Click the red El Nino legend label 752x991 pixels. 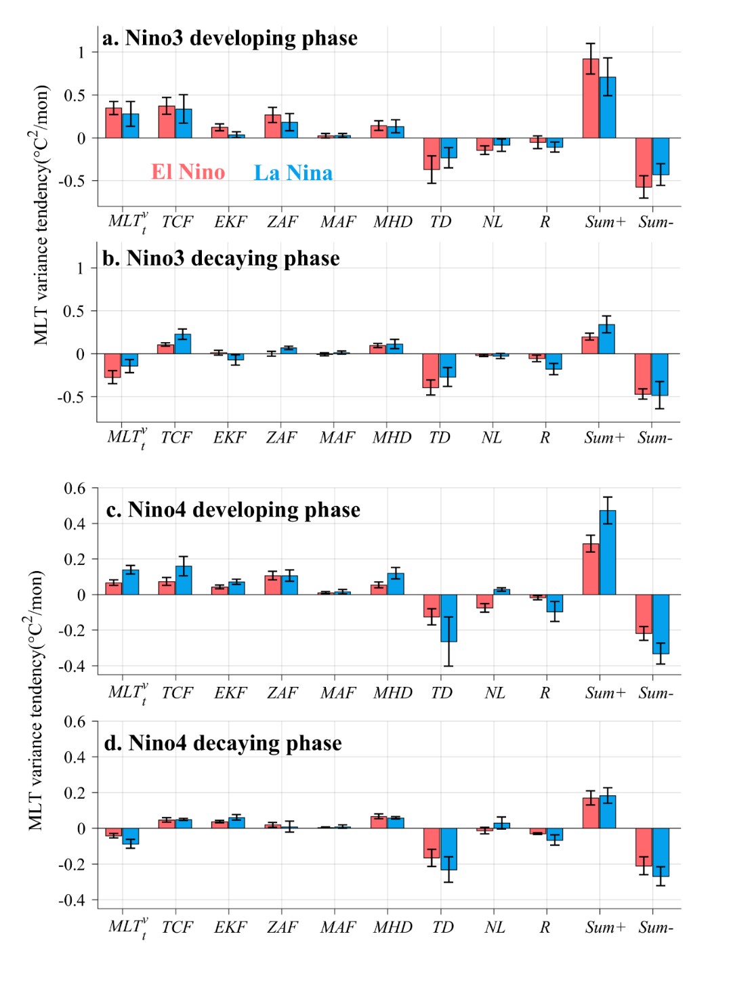point(188,172)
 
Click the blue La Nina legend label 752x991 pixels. point(293,173)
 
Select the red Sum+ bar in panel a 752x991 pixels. point(591,99)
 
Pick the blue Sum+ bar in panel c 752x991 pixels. point(608,553)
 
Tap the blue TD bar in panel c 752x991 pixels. point(448,618)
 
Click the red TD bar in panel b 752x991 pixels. point(431,371)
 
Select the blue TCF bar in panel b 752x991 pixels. point(183,344)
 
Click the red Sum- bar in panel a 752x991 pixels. point(644,163)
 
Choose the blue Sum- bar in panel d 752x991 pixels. point(661,852)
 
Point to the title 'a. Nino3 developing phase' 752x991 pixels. point(230,38)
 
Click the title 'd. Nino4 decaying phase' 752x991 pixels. point(223,743)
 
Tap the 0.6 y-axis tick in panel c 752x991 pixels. point(75,488)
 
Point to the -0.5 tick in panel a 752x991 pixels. point(72,181)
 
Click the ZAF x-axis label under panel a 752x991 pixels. point(282,222)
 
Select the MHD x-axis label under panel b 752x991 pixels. point(392,438)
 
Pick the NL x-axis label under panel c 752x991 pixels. point(495,693)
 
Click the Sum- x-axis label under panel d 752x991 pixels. point(655,927)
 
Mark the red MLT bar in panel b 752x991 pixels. point(112,366)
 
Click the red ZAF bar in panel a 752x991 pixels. point(273,127)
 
